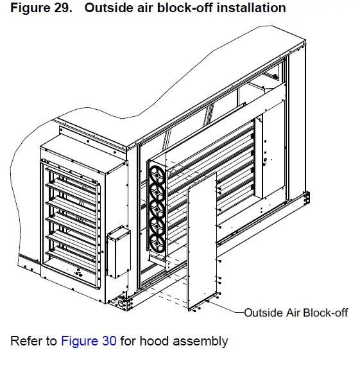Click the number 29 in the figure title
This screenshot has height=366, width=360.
coord(59,8)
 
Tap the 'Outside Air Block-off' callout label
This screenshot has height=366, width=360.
coord(296,313)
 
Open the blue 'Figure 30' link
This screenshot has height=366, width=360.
coord(89,341)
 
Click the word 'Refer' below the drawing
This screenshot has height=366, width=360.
coord(25,341)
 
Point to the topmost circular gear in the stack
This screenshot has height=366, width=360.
coord(157,173)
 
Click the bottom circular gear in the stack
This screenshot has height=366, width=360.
coord(157,242)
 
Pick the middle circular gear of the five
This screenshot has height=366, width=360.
coord(157,208)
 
